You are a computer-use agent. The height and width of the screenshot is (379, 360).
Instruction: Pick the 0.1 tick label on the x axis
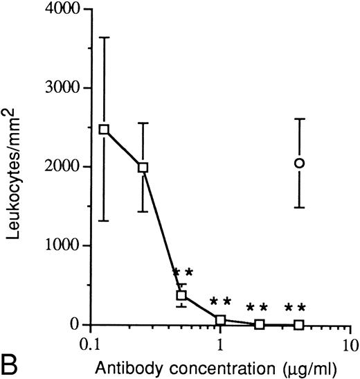click(91, 344)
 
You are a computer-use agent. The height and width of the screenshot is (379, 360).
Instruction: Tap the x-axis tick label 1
click(220, 344)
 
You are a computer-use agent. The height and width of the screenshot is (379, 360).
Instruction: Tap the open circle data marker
click(299, 164)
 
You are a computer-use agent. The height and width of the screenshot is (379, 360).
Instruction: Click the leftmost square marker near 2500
click(104, 130)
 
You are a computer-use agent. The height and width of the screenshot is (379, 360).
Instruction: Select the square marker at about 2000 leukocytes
click(143, 167)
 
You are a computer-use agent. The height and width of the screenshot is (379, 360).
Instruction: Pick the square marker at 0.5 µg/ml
click(181, 295)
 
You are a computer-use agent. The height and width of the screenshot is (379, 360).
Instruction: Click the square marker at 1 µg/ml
click(220, 320)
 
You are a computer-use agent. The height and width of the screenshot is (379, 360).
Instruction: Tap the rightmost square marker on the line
click(298, 324)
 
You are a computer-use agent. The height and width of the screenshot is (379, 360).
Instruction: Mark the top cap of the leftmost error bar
click(104, 37)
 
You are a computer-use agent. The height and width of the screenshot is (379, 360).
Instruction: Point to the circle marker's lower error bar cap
click(299, 207)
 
